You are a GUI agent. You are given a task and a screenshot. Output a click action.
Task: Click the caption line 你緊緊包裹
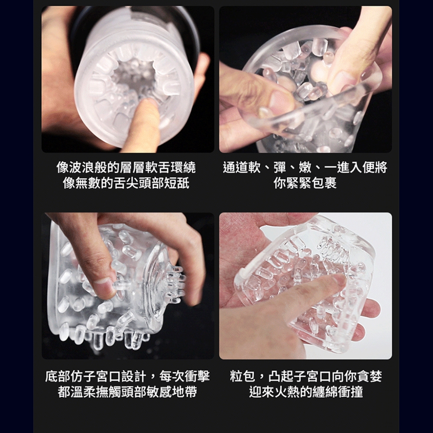305,183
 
